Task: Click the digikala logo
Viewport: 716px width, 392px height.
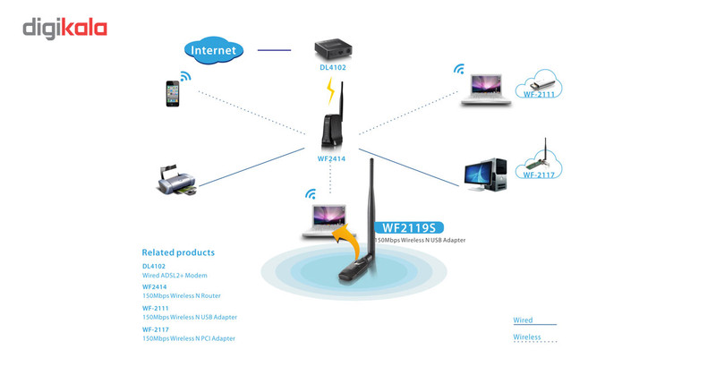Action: tap(64, 29)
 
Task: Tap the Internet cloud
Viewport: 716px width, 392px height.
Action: tap(212, 50)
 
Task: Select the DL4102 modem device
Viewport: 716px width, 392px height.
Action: tap(331, 50)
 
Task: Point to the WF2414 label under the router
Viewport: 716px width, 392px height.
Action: tap(331, 158)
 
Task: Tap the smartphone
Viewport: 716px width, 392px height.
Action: tap(173, 94)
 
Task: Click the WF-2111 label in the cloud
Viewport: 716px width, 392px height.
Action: tap(541, 93)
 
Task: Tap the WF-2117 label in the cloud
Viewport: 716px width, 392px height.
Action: tap(541, 175)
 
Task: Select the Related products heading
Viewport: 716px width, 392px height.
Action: tap(178, 252)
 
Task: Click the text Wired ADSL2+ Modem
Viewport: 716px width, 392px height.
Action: tap(175, 276)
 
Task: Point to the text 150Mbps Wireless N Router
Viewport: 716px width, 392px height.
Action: tap(181, 295)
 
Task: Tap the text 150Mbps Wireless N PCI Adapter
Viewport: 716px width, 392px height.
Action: tap(189, 338)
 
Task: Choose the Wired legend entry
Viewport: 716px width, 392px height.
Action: tap(523, 320)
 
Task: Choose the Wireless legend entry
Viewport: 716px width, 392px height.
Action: tap(527, 337)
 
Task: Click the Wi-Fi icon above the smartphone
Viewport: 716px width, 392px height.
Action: tap(185, 76)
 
